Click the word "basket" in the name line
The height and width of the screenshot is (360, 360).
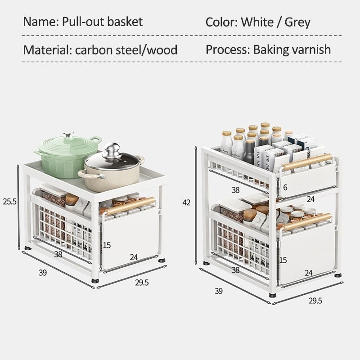pyautogui.click(x=125, y=22)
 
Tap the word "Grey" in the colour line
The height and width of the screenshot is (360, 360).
pyautogui.click(x=297, y=22)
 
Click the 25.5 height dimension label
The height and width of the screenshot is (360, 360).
pyautogui.click(x=9, y=201)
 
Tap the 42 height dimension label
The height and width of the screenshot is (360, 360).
pyautogui.click(x=186, y=202)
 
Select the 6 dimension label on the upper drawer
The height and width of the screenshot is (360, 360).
pyautogui.click(x=285, y=187)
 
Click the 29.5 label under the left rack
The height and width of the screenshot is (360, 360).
pyautogui.click(x=142, y=283)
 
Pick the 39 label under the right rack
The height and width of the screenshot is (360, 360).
pyautogui.click(x=219, y=291)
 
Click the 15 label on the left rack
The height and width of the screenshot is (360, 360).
pyautogui.click(x=107, y=245)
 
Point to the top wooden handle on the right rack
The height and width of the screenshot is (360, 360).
pyautogui.click(x=307, y=162)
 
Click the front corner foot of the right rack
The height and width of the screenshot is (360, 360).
pyautogui.click(x=273, y=295)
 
